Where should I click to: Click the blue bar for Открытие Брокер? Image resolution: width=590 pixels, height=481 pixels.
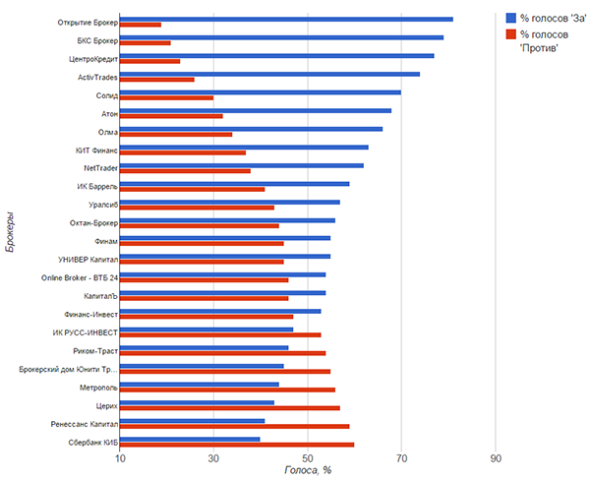(285, 19)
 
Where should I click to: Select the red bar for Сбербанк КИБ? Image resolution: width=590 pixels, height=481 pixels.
(236, 445)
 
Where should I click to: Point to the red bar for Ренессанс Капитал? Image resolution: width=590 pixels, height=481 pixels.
(234, 427)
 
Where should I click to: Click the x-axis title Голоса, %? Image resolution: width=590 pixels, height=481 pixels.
(307, 470)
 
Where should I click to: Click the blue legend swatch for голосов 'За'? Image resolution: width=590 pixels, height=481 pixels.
(509, 17)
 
